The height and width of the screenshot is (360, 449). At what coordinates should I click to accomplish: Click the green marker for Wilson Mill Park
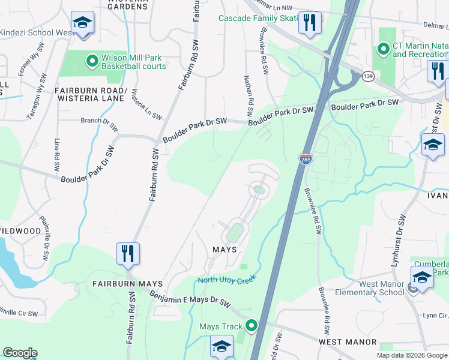click(x=92, y=60)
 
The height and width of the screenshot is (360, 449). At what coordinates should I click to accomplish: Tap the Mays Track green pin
click(x=251, y=326)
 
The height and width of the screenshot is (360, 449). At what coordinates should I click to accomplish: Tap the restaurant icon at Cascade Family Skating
click(x=310, y=23)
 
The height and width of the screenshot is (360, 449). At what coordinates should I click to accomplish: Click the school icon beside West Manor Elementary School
click(x=422, y=277)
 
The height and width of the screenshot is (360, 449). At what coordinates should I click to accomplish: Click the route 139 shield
click(x=369, y=76)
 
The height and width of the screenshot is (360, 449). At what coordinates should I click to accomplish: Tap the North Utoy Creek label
click(x=227, y=280)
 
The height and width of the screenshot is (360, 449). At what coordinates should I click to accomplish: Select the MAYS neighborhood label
click(x=224, y=249)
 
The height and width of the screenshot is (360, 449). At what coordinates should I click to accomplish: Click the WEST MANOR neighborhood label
click(x=339, y=341)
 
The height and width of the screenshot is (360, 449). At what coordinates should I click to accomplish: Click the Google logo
click(x=20, y=353)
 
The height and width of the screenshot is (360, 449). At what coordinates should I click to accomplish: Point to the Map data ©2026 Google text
click(x=412, y=355)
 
